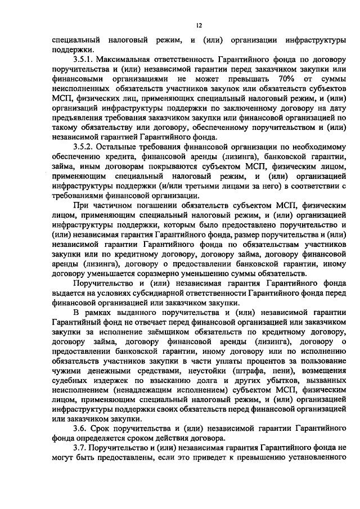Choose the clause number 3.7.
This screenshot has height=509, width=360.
click(80, 448)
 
